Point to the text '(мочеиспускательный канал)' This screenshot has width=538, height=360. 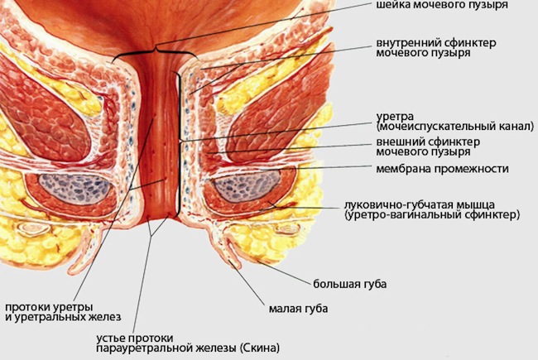click(x=454, y=127)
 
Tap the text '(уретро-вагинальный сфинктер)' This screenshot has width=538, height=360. click(x=432, y=214)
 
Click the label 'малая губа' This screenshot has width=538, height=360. click(x=299, y=309)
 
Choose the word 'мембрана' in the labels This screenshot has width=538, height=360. click(x=404, y=169)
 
